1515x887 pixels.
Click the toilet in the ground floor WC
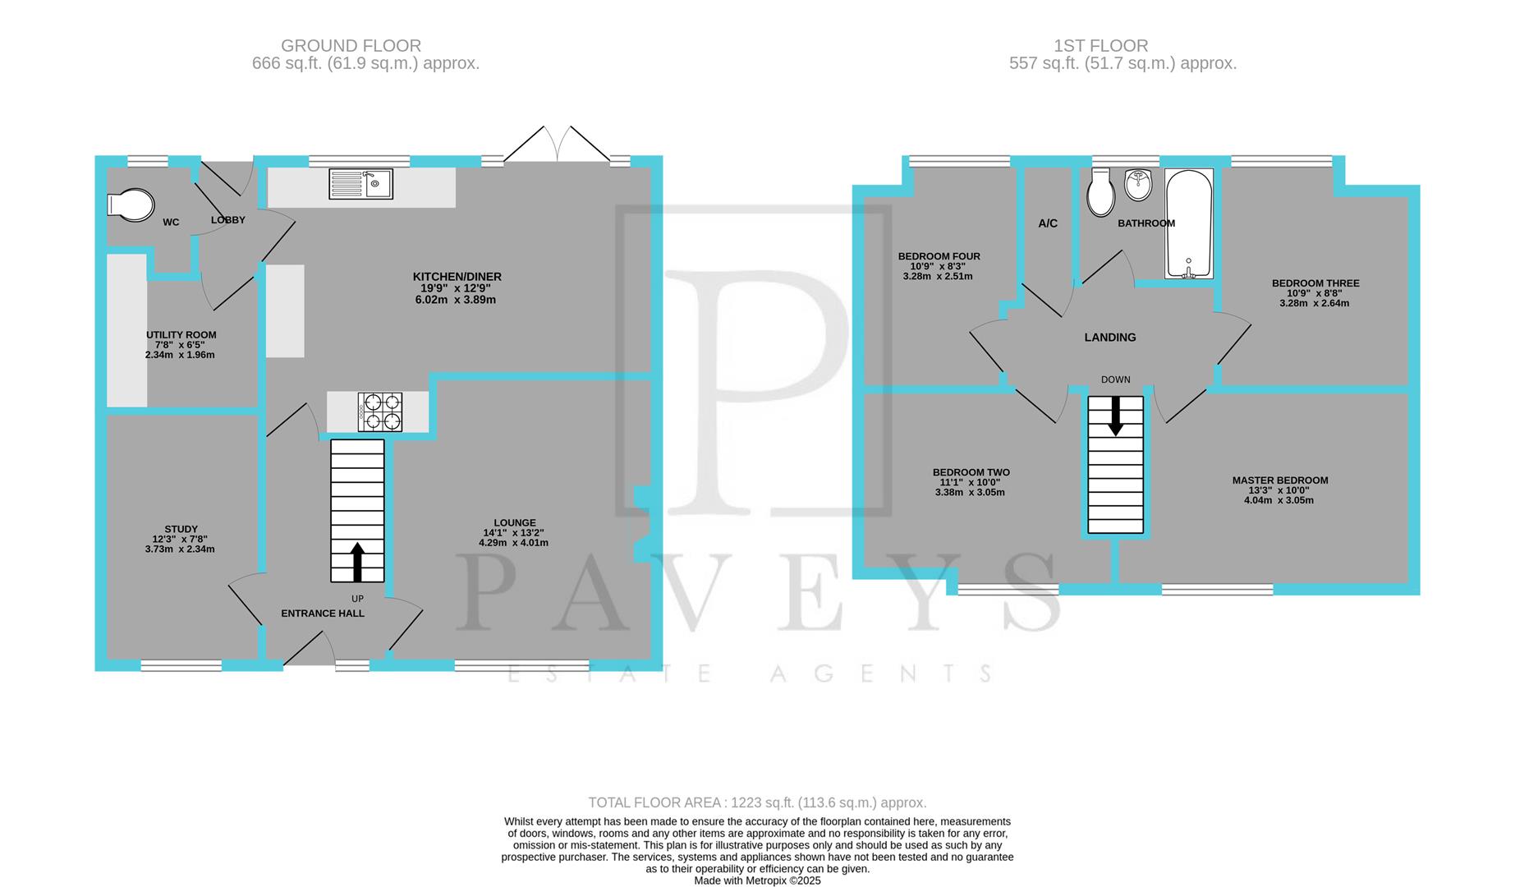point(130,205)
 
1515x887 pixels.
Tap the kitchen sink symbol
point(360,184)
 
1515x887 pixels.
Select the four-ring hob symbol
point(380,411)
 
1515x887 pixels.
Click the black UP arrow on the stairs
point(357,561)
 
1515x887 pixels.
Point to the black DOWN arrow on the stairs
point(1115,416)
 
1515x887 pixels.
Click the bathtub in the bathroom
point(1188,223)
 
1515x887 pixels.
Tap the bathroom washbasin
point(1138,185)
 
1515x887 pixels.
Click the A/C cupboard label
point(1048,223)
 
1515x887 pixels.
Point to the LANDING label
point(1110,338)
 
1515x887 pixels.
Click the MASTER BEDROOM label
point(1279,480)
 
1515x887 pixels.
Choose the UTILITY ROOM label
point(181,335)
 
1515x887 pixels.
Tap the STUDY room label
point(181,530)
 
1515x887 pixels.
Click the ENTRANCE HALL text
point(323,614)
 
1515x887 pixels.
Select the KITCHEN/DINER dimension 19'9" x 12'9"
point(457,288)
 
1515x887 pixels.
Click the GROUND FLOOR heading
point(351,46)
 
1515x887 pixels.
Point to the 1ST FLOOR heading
point(1100,46)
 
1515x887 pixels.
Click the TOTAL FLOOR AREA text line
point(757,802)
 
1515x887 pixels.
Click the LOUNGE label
point(515,523)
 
